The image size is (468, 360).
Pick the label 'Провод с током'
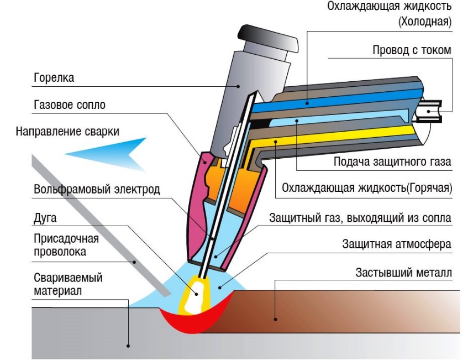(412, 50)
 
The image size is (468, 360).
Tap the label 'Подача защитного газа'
(392, 162)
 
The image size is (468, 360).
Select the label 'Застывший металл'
(404, 273)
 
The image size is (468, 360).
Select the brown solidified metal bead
(332, 310)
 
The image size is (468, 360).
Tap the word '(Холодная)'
(424, 23)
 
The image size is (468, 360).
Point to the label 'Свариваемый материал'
(68, 284)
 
